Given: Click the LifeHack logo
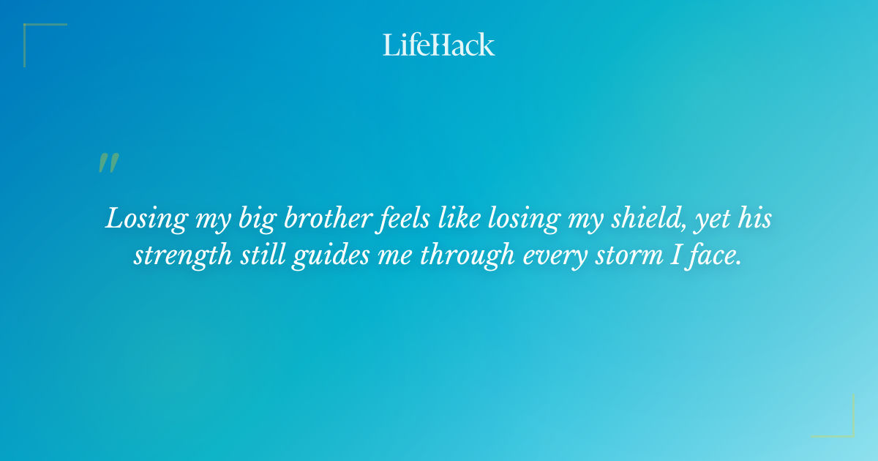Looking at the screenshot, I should click(x=439, y=45).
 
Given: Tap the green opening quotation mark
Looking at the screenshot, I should click(x=108, y=163).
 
